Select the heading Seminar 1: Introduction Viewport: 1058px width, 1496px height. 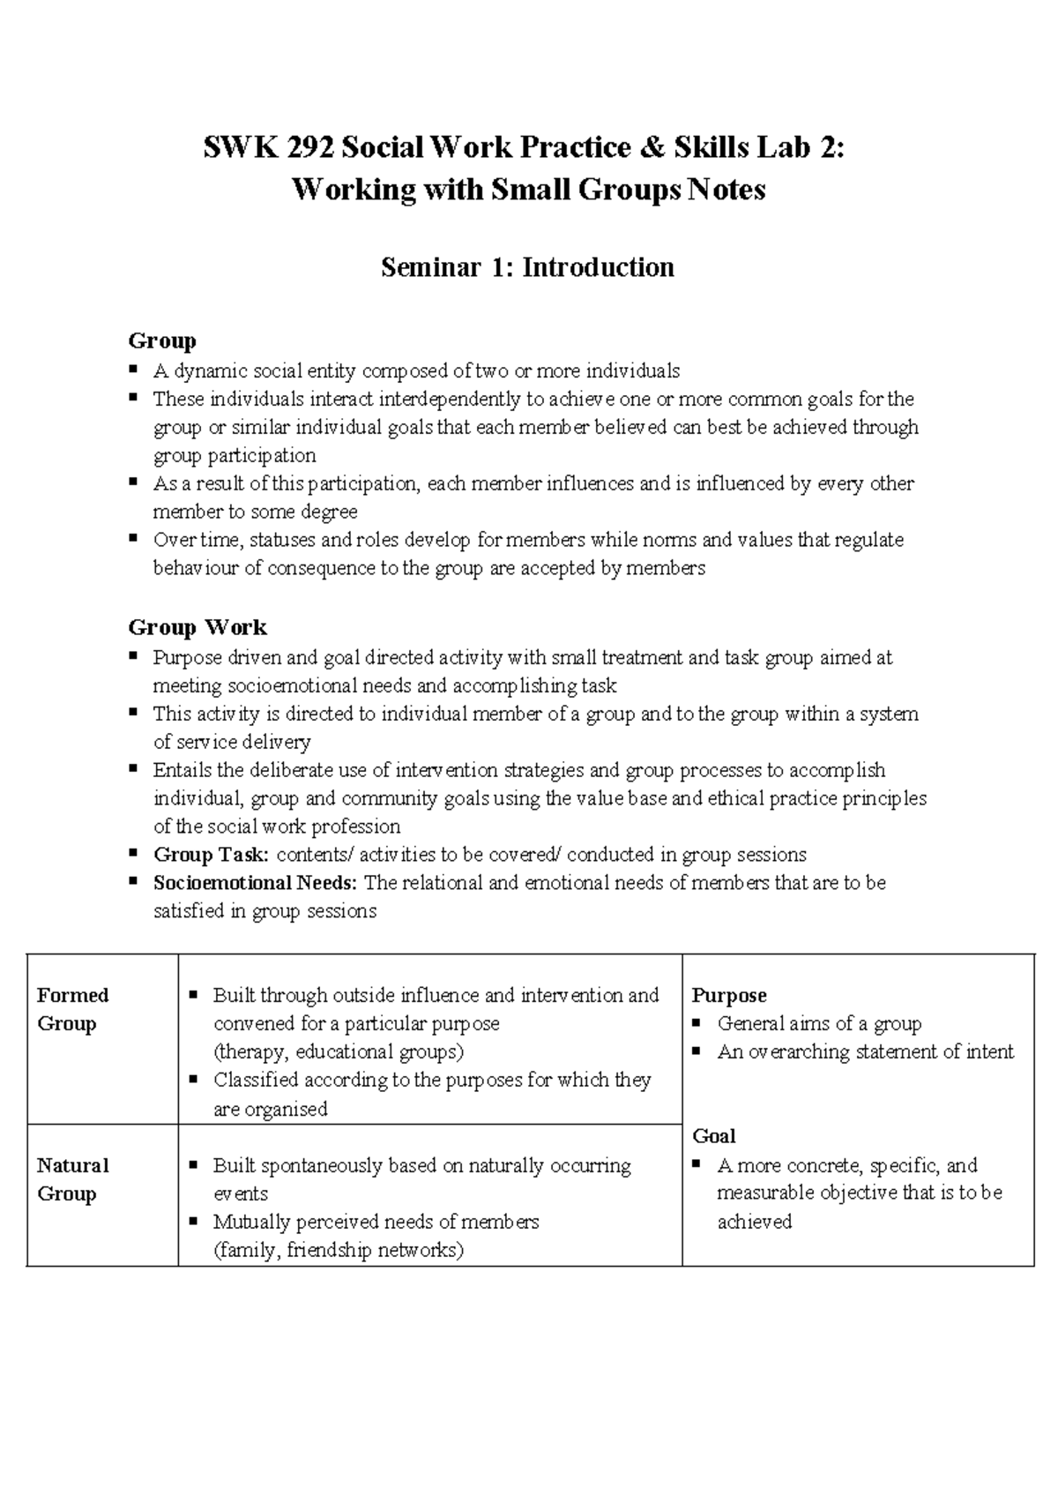coord(527,267)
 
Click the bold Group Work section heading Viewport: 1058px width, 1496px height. coord(197,627)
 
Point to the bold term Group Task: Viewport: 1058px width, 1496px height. coord(211,855)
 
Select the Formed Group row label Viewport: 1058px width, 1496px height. coord(72,1009)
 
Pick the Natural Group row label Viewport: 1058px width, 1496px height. coord(72,1179)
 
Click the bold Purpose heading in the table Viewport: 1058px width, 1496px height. coord(729,995)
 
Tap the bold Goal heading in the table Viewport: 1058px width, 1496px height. coord(714,1136)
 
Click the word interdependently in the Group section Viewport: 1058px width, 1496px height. coord(450,399)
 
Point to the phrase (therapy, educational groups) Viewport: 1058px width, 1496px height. coord(339,1051)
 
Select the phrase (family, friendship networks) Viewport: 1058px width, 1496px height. coord(339,1250)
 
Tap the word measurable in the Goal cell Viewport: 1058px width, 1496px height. coord(765,1193)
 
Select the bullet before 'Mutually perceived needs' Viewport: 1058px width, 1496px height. coord(193,1222)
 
